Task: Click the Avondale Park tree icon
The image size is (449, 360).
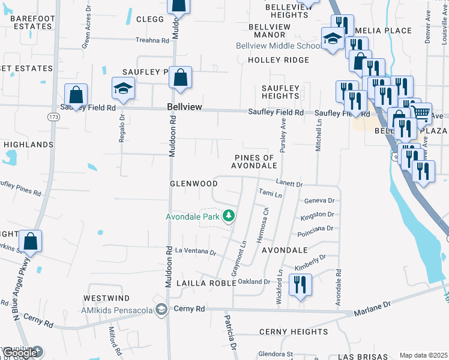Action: tap(228, 215)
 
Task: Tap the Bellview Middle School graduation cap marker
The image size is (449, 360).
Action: tap(332, 39)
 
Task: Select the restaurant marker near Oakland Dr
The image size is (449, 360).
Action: tap(300, 284)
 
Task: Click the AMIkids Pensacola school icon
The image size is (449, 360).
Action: tap(161, 309)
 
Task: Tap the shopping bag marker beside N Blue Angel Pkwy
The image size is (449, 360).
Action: tap(31, 242)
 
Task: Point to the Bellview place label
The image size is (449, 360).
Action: tap(184, 107)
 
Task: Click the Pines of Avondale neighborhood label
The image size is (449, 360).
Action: tap(256, 161)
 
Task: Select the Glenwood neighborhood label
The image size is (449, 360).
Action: tap(193, 183)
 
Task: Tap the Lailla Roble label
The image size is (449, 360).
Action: tap(202, 283)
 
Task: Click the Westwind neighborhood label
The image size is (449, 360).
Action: tap(106, 298)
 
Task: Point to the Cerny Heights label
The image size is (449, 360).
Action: tap(294, 332)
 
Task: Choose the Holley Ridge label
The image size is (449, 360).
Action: tap(279, 60)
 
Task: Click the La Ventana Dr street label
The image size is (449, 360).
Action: tap(194, 251)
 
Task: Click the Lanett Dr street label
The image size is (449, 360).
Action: tap(289, 184)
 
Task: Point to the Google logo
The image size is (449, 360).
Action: tap(20, 353)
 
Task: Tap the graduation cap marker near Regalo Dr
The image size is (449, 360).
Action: tap(123, 89)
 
